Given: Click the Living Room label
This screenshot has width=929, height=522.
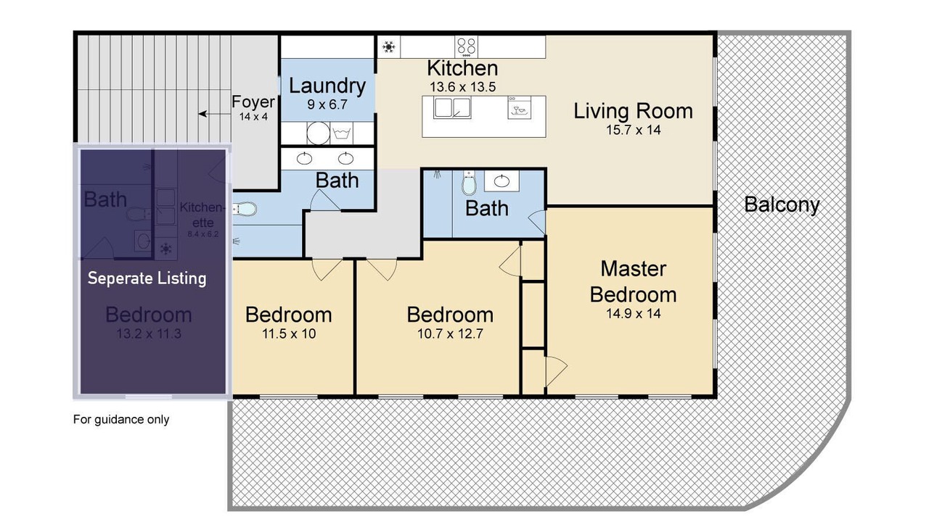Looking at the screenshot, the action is (633, 111).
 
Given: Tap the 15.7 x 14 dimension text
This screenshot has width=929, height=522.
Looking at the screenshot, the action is (634, 130).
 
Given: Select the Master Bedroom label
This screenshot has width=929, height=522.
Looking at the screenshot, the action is (634, 282).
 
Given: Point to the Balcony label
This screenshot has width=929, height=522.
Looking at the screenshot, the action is (782, 204).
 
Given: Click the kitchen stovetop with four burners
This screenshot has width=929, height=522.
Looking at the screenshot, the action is (466, 47).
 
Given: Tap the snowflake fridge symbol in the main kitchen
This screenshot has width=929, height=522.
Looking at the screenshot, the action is (388, 47).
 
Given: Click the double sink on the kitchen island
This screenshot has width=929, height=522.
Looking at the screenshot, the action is (452, 108).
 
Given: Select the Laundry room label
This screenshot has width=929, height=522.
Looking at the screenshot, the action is (327, 86).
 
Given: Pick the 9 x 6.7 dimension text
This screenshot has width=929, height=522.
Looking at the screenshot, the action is (327, 104).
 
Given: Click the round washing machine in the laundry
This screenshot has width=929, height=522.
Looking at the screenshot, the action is (318, 133).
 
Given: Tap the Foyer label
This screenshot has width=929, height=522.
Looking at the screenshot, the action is (253, 102).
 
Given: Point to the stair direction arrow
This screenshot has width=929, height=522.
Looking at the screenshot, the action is (214, 114).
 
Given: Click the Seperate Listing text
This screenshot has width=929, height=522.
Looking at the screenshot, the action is (147, 278).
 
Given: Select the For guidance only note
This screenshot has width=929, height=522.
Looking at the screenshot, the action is (121, 419).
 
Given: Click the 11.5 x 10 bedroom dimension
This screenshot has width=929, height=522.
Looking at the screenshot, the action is (289, 333).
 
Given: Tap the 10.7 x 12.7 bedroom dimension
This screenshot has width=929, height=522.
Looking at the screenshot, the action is (450, 333).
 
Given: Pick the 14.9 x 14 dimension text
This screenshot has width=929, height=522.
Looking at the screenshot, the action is (634, 314).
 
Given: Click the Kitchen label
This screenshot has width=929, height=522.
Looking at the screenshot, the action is (462, 68).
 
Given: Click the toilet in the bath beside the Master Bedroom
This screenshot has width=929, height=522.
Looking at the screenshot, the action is (469, 182).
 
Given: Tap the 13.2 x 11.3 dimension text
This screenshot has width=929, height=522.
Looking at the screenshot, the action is (149, 333).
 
